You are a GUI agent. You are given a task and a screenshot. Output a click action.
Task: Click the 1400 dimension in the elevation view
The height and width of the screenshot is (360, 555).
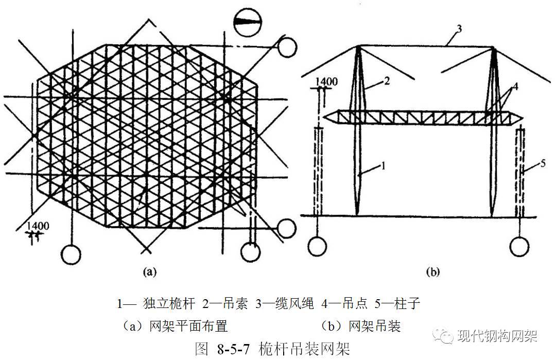(326, 81)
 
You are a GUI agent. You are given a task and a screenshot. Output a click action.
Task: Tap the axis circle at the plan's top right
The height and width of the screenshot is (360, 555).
(287, 48)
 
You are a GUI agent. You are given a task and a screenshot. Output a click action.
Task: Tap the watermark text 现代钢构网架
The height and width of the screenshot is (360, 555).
(496, 336)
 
